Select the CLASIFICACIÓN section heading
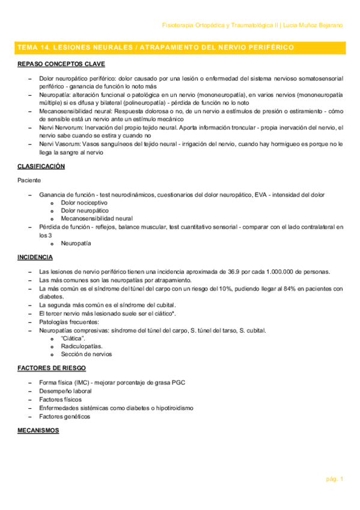coord(41,166)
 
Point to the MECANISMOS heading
coord(38,431)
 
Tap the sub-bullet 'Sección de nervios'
coord(86,354)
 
